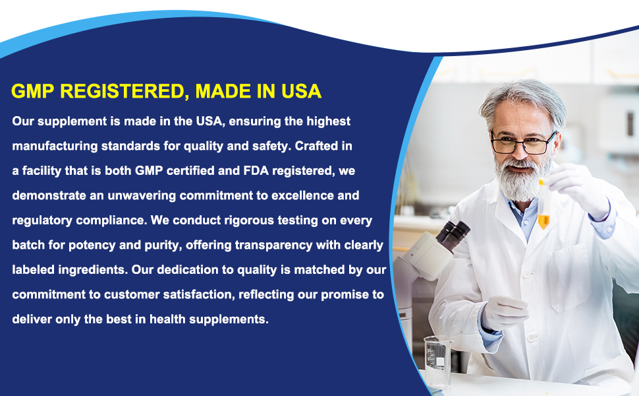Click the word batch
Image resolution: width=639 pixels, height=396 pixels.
27,245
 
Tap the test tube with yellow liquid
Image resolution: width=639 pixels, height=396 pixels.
543,205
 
